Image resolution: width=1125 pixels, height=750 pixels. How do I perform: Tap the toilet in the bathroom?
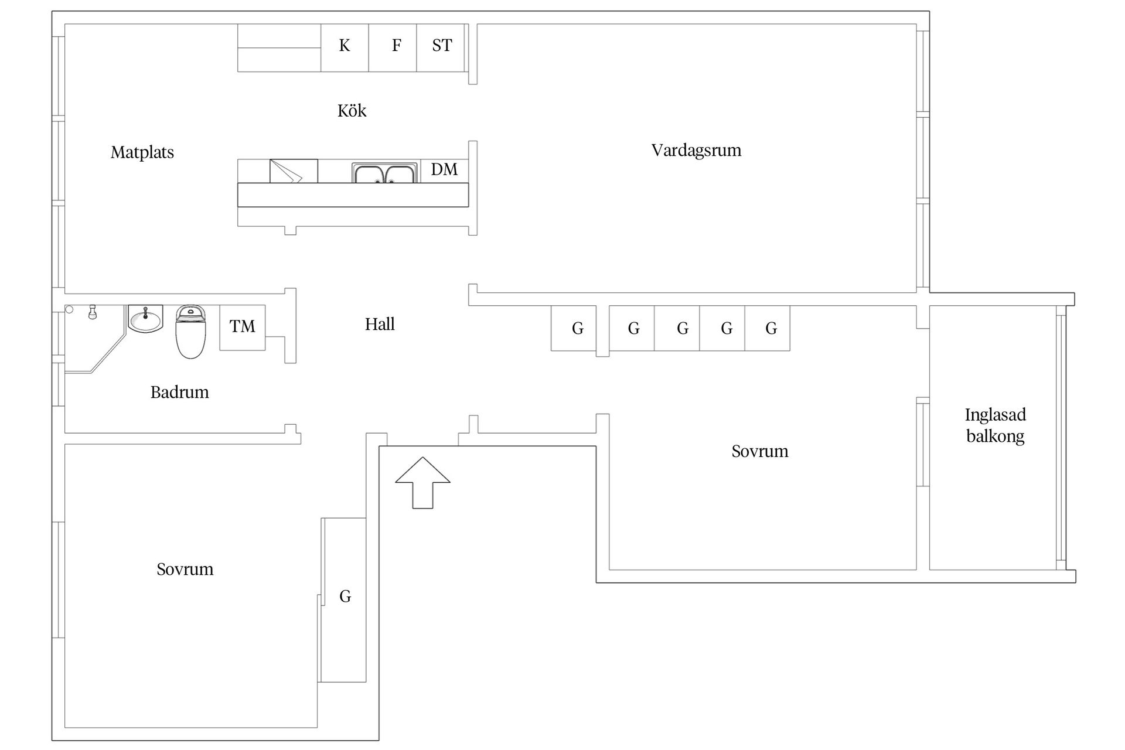click(x=190, y=332)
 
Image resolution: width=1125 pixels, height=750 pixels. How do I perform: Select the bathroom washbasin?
click(x=145, y=319)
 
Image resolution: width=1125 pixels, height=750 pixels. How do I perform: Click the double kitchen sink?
click(x=384, y=173)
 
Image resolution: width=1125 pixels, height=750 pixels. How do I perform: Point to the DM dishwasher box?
click(x=445, y=171)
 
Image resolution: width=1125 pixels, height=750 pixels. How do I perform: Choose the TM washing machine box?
click(x=243, y=328)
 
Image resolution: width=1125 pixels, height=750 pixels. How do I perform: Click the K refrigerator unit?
click(x=345, y=47)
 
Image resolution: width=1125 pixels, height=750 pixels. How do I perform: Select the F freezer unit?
click(x=393, y=47)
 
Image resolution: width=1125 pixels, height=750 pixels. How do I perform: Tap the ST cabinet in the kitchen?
click(x=441, y=47)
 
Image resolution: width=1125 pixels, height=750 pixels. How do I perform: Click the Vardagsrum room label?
click(x=696, y=151)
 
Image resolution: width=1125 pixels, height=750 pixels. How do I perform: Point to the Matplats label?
click(x=142, y=153)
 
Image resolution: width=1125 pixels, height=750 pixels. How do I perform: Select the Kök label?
click(x=352, y=111)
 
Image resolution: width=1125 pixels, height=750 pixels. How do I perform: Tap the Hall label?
click(x=380, y=324)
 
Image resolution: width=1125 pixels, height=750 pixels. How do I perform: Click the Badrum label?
click(x=179, y=392)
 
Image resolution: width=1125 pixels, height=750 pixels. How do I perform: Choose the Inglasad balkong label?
click(x=996, y=425)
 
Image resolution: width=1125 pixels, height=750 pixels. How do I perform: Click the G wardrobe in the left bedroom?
click(x=345, y=600)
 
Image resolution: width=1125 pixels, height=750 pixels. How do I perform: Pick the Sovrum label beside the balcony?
click(x=760, y=451)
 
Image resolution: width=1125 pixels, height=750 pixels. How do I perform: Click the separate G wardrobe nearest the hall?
click(x=574, y=328)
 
